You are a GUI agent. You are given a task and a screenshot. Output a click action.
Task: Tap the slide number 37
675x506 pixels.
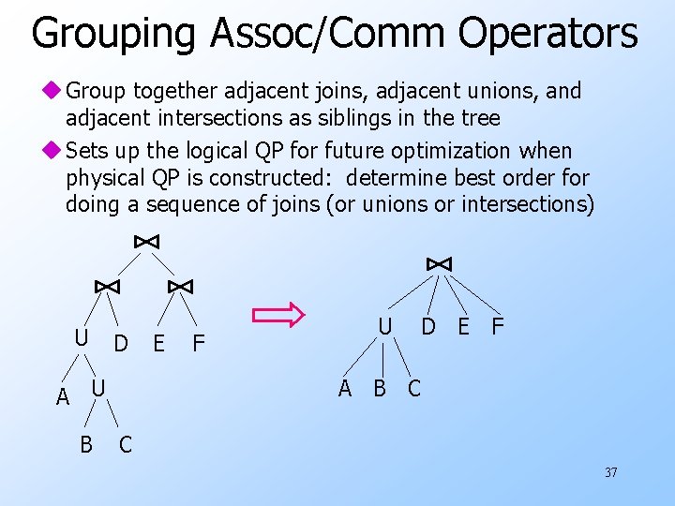610,473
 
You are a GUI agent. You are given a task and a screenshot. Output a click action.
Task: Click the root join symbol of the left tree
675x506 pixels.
146,242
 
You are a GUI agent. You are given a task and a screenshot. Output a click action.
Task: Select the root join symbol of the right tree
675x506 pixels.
439,264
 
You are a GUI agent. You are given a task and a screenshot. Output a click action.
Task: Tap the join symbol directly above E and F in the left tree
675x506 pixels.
180,286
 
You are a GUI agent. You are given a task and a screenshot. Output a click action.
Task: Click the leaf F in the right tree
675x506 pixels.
498,327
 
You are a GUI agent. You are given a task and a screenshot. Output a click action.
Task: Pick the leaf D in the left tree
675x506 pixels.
121,344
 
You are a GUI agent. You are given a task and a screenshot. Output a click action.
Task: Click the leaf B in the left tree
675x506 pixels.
85,443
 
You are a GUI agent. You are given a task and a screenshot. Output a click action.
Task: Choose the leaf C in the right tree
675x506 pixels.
414,388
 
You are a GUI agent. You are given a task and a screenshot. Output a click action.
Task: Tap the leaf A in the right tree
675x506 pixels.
344,388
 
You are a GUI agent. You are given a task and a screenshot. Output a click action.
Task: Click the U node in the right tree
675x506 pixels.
384,327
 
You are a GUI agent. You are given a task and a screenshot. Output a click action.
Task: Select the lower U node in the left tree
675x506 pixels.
98,387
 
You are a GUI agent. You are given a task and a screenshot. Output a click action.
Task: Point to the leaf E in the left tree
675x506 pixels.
158,344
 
